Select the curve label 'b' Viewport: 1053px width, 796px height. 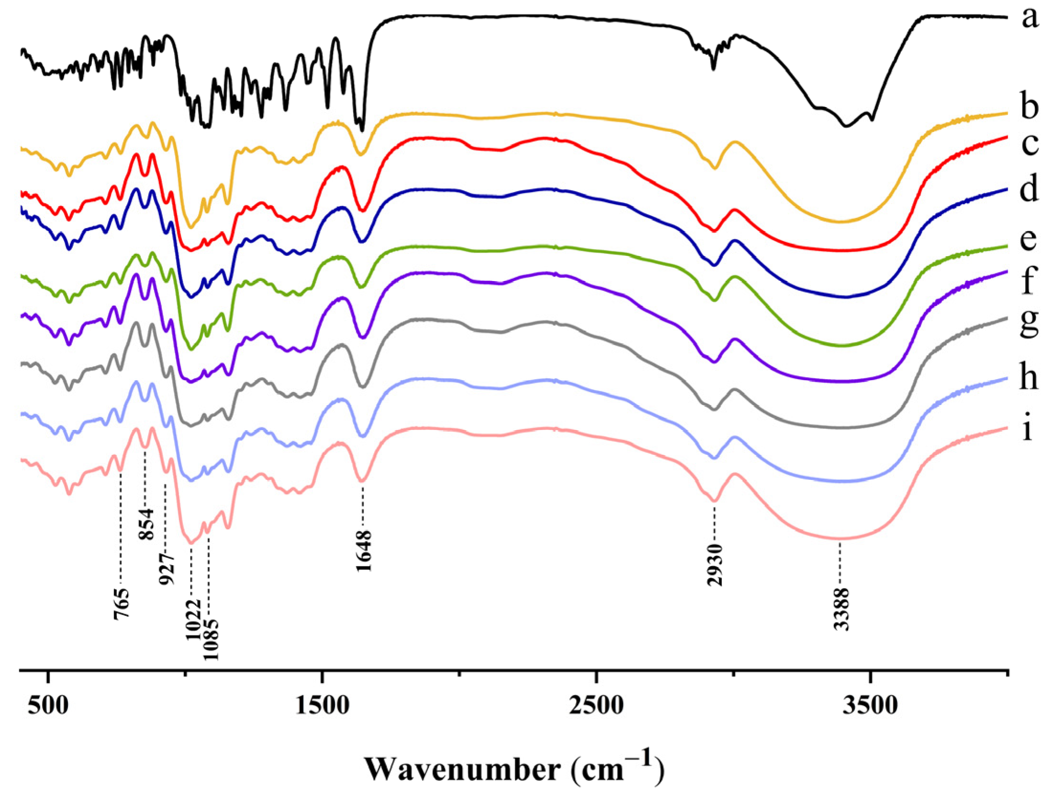(1029, 105)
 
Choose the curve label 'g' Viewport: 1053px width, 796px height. (1029, 324)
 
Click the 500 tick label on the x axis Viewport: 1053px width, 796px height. (48, 706)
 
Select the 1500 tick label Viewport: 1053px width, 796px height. (322, 706)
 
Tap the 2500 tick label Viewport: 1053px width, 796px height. (596, 706)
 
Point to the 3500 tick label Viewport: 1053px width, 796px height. (870, 706)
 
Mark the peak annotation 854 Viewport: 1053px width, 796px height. (147, 524)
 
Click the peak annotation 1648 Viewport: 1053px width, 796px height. (364, 551)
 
